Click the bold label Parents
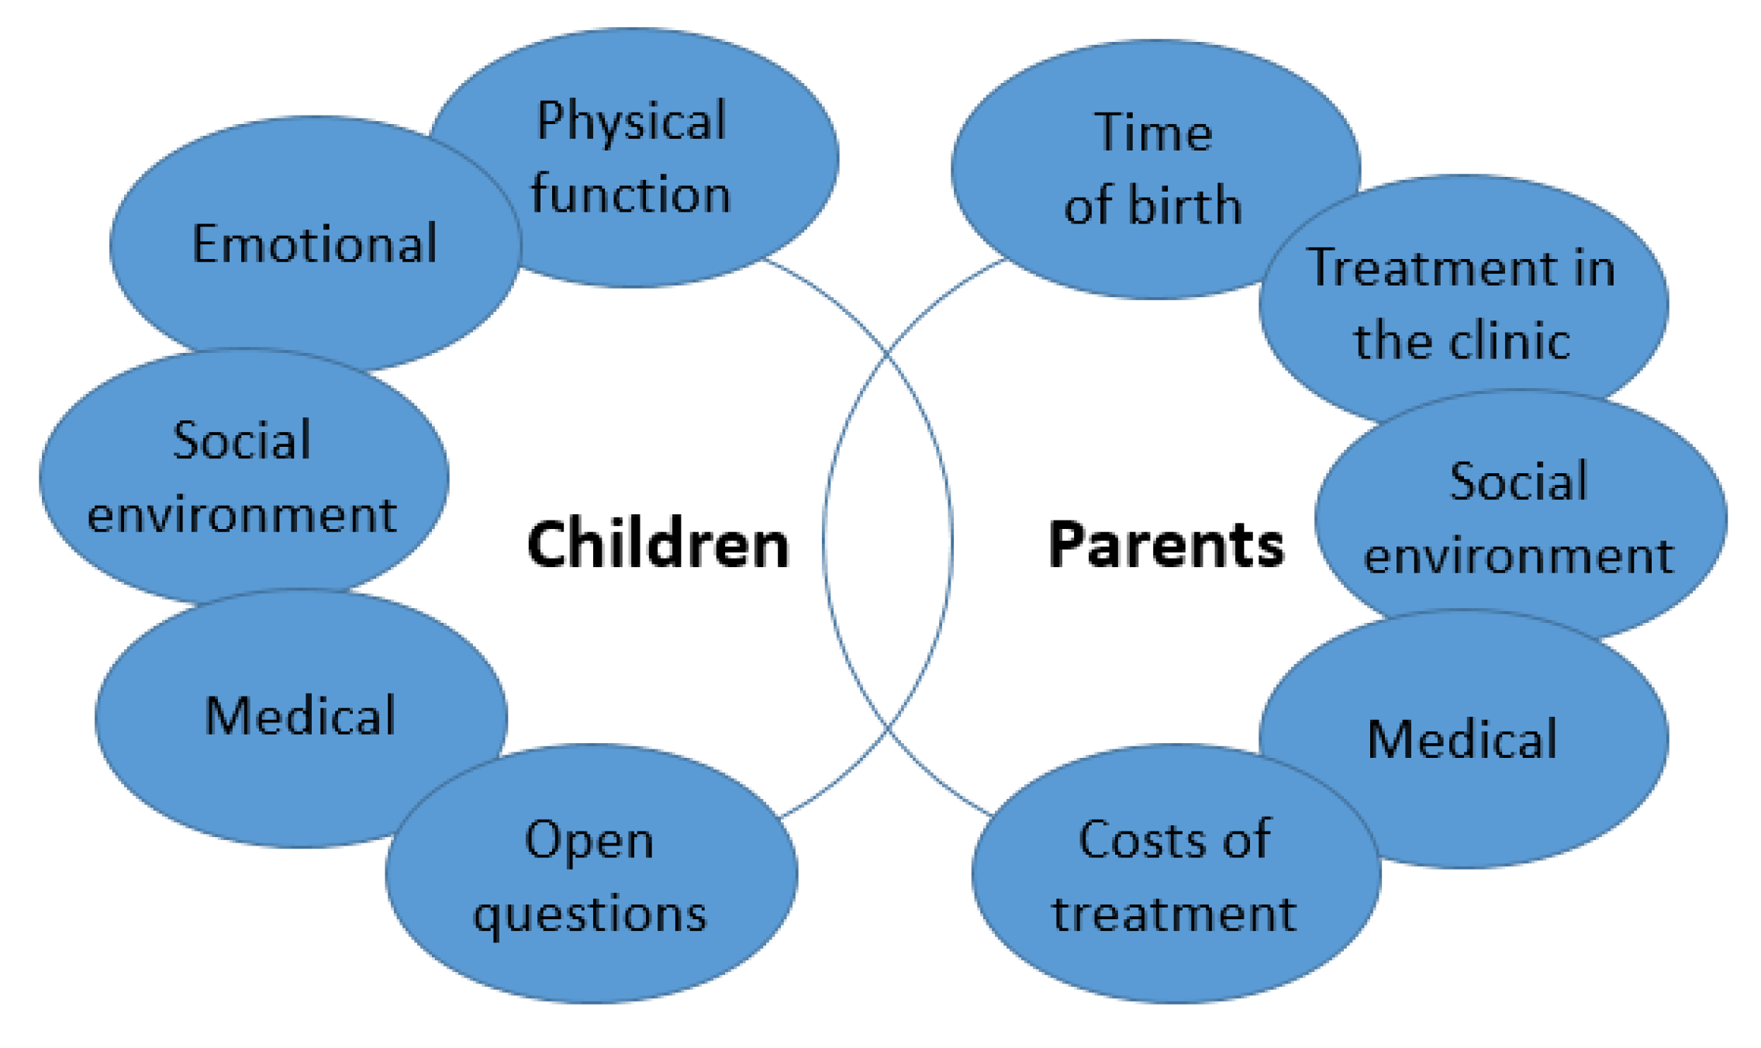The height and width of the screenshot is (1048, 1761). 1165,545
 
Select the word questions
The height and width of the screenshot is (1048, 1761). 591,914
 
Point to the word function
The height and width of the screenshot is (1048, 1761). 631,193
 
